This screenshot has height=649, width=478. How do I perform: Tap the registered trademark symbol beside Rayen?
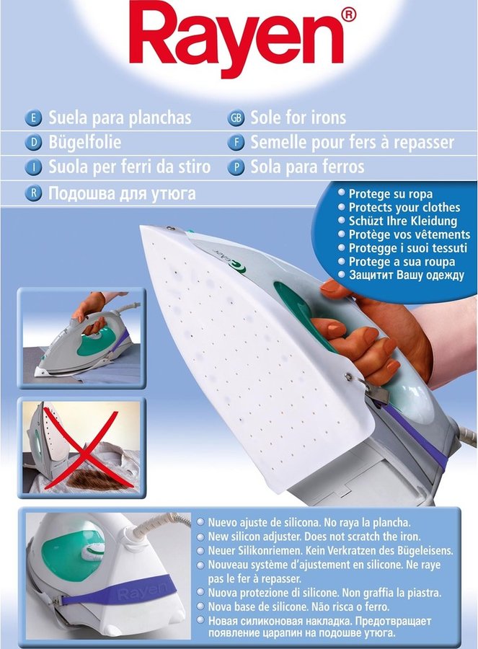(x=348, y=15)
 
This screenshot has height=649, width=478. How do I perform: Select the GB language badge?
(x=236, y=118)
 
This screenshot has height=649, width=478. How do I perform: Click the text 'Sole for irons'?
(x=298, y=118)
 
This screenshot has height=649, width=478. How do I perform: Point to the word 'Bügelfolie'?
(x=85, y=143)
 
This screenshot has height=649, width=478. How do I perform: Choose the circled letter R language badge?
(x=33, y=193)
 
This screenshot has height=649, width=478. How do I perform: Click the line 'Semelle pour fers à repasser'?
(x=352, y=143)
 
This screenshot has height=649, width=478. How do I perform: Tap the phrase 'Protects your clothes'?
(x=404, y=208)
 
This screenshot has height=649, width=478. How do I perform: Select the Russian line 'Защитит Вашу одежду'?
(x=407, y=275)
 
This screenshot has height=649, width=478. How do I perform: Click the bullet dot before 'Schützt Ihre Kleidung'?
(x=342, y=220)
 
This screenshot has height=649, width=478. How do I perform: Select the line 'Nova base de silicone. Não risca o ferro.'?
(x=298, y=607)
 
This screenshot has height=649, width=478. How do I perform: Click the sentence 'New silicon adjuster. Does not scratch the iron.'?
(x=314, y=537)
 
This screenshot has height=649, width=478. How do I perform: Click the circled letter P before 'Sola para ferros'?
(x=236, y=167)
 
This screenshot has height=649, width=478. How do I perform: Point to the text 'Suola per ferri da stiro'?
(x=130, y=167)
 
